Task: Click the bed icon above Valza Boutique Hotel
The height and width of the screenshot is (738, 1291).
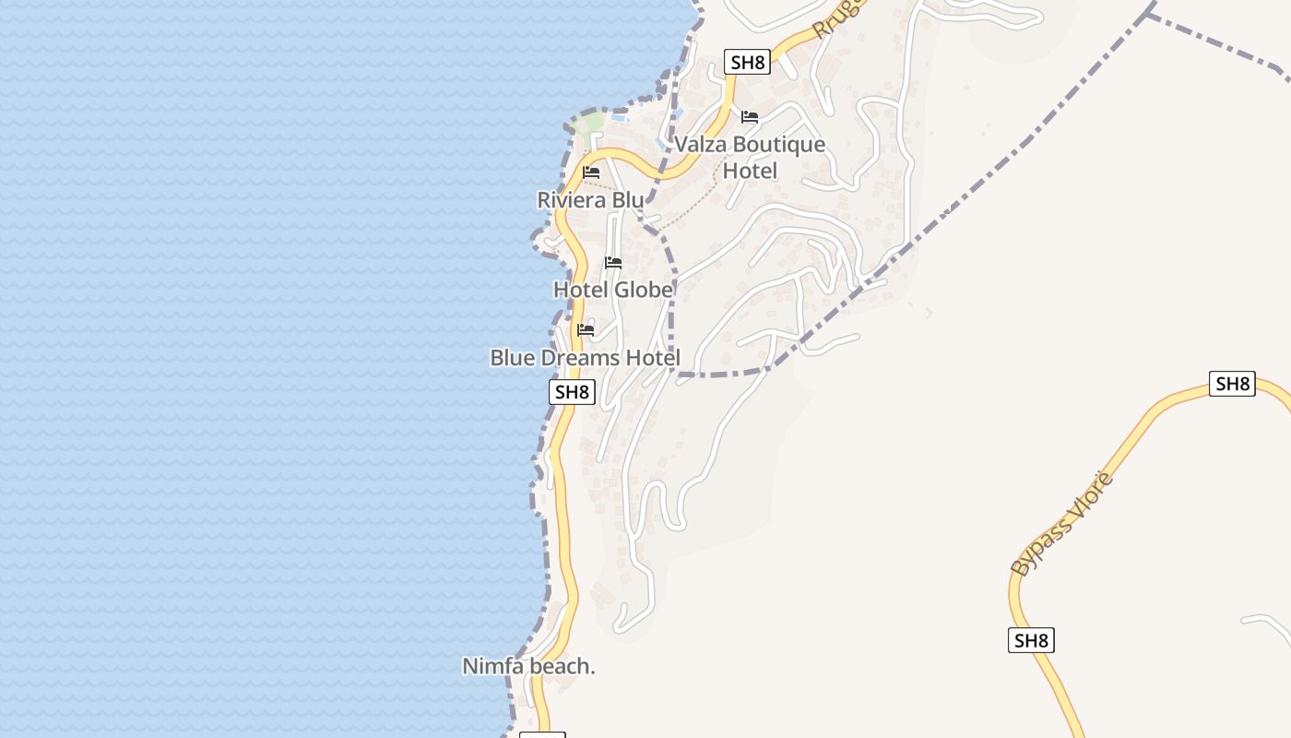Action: click(x=750, y=117)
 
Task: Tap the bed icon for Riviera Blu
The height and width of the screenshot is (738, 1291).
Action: click(x=591, y=173)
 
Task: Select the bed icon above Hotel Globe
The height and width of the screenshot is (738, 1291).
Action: click(x=613, y=263)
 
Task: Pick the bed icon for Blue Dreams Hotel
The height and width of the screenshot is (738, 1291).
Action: click(x=586, y=329)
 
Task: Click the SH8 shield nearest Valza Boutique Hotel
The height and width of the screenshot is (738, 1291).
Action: click(x=747, y=63)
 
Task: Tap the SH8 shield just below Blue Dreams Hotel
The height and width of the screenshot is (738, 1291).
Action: click(x=572, y=392)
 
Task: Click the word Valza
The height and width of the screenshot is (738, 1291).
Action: click(x=701, y=145)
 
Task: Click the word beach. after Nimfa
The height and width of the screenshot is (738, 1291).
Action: click(x=561, y=666)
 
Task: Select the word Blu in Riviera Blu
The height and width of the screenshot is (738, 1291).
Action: click(x=627, y=200)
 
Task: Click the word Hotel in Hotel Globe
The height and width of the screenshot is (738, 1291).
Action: click(x=581, y=290)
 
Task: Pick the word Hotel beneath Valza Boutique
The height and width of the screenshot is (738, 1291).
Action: click(x=750, y=171)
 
